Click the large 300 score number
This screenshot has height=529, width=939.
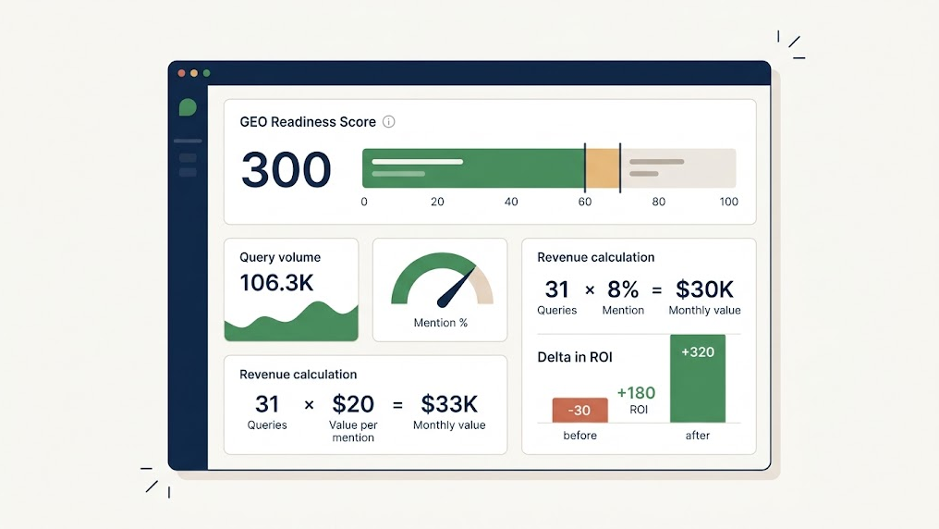point(286,169)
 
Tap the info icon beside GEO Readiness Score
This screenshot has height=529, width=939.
point(389,121)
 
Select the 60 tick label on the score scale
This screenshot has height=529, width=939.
point(585,202)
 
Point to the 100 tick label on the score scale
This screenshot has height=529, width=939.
point(728,202)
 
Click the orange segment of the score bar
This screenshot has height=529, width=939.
point(603,168)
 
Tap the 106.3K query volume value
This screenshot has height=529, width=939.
point(276,283)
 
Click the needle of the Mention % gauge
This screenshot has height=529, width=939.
point(452,289)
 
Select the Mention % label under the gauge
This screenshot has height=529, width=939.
point(441,323)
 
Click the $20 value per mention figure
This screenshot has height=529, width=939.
point(353,404)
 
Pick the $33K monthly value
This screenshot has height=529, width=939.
point(449,404)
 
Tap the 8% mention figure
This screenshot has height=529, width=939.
point(623,289)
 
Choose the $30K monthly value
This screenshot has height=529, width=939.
point(704,289)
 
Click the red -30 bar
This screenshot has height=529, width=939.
point(579,411)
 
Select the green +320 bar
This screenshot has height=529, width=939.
point(698,379)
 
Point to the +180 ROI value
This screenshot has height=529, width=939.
point(636,392)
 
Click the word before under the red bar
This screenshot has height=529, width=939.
point(579,436)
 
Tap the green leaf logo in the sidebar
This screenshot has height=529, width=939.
point(188,107)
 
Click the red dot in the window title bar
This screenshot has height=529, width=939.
point(182,73)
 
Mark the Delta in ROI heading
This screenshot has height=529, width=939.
point(575,357)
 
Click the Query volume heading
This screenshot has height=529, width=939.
point(280,257)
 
